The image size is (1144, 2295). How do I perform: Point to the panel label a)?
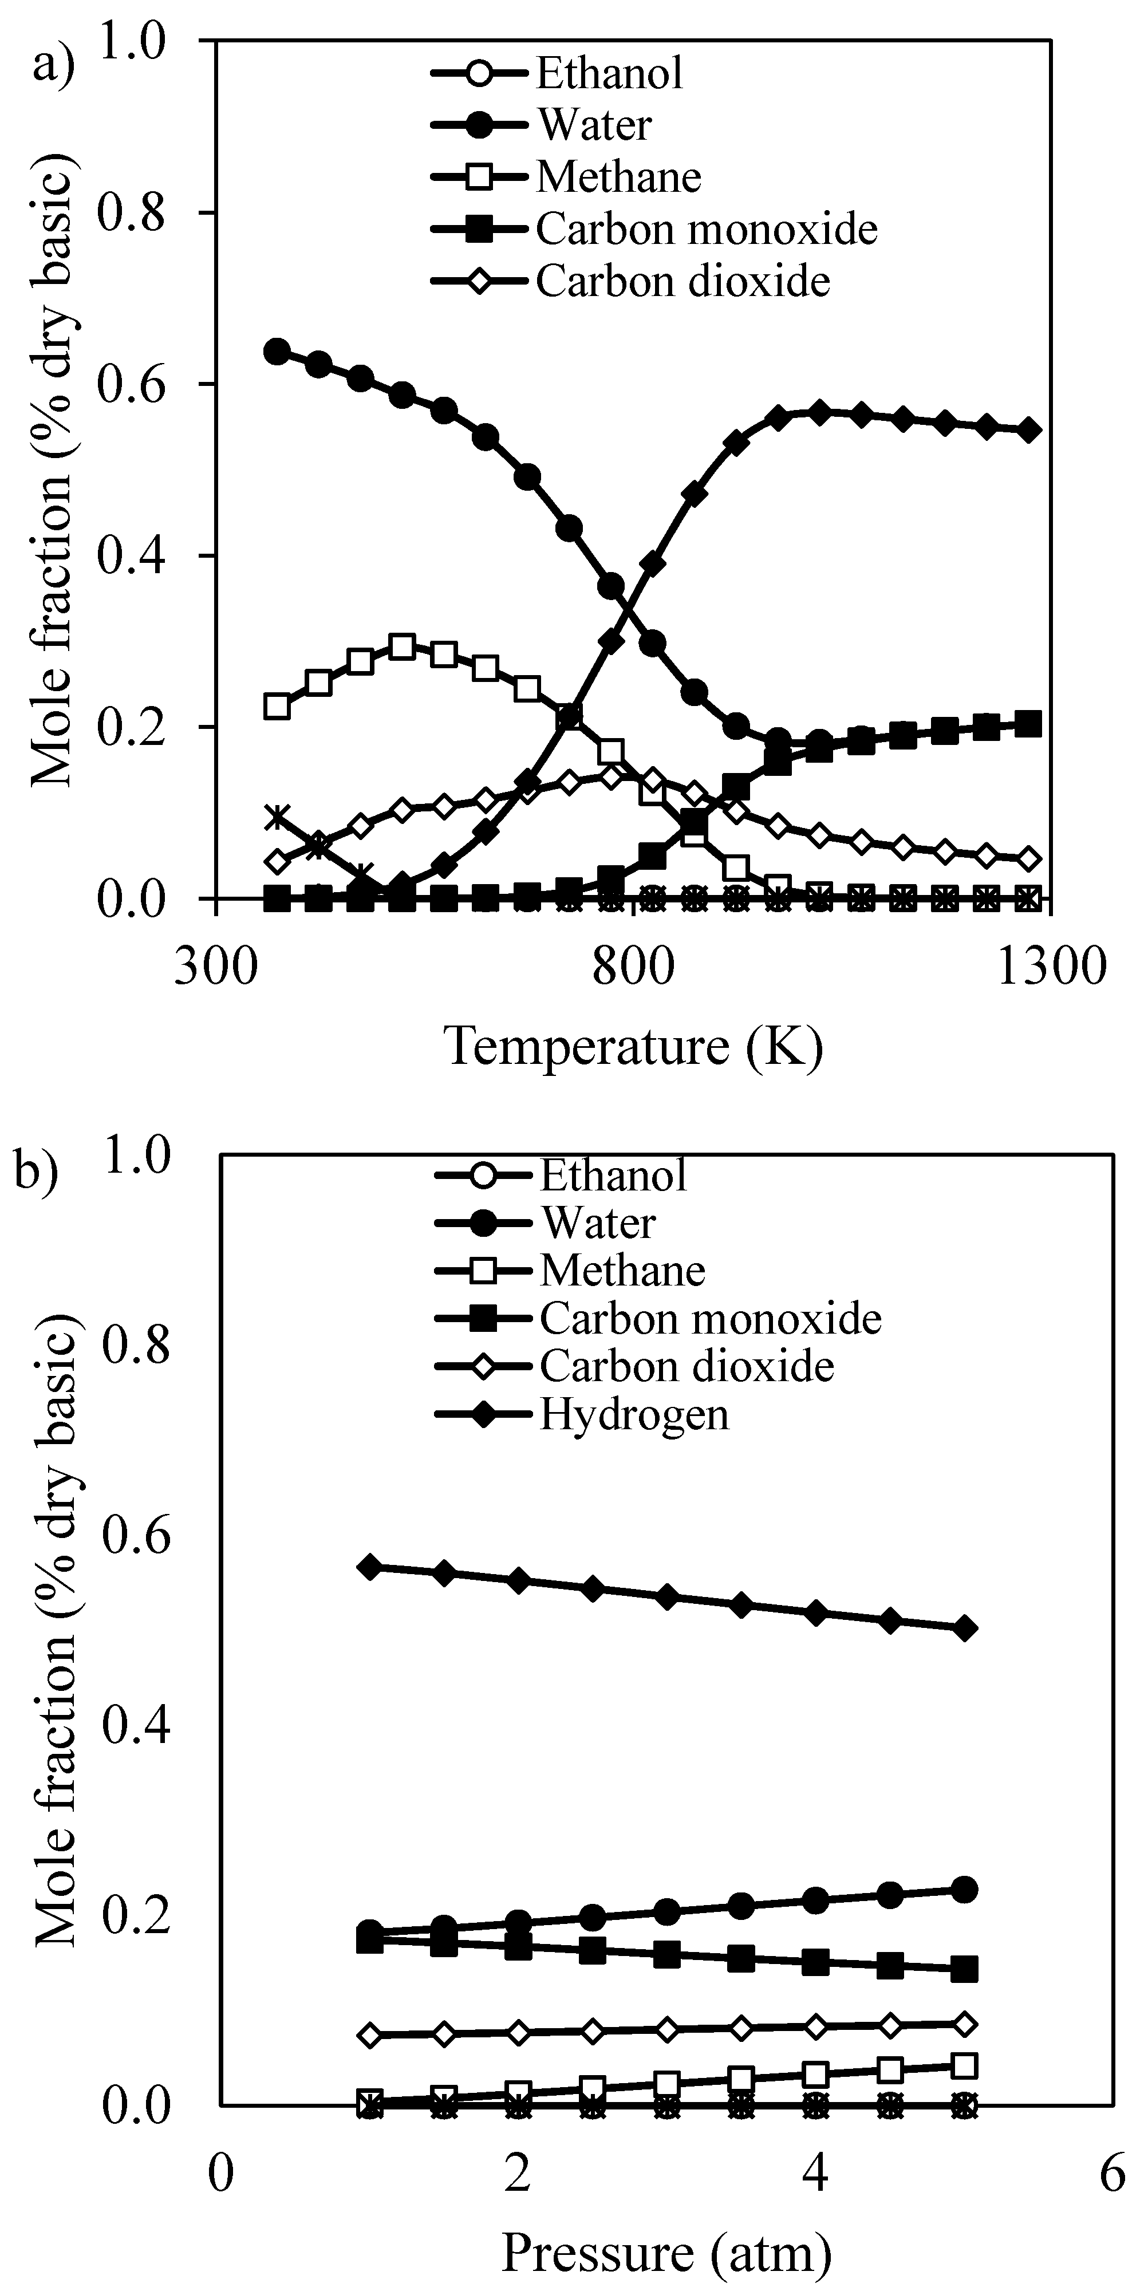[53, 64]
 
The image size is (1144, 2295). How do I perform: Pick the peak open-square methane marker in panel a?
[403, 647]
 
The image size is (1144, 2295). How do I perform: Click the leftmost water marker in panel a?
[277, 351]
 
